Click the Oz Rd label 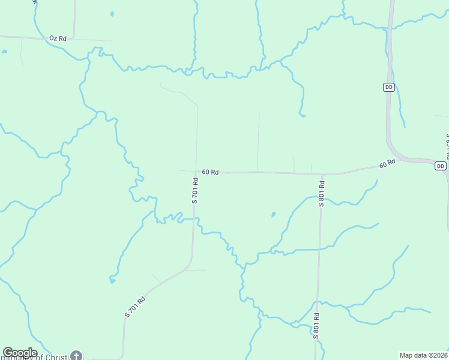click(58, 38)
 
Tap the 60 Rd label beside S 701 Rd click(210, 172)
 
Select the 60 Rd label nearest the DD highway click(387, 163)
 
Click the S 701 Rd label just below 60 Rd click(195, 190)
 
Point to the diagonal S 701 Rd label click(135, 307)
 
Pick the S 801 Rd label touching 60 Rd click(322, 193)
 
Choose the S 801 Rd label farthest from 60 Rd click(316, 325)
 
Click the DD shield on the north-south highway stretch click(388, 87)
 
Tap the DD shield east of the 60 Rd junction click(441, 166)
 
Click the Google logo click(20, 353)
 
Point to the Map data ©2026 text click(423, 355)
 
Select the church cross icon click(76, 355)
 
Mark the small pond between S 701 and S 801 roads click(273, 214)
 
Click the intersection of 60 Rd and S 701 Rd click(196, 172)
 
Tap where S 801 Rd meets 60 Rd click(323, 174)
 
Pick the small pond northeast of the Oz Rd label click(112, 13)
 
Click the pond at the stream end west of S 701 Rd click(112, 280)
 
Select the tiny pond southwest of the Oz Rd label click(4, 52)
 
